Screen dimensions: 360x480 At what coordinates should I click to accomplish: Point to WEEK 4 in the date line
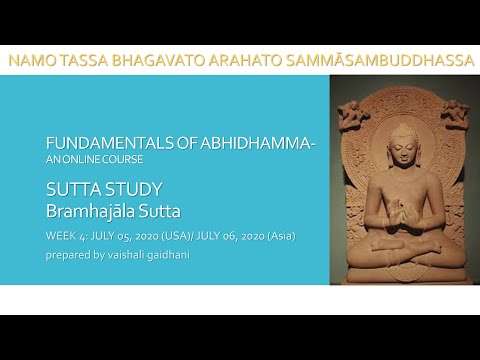click(x=69, y=235)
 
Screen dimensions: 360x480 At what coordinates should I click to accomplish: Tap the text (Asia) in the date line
click(x=277, y=235)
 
